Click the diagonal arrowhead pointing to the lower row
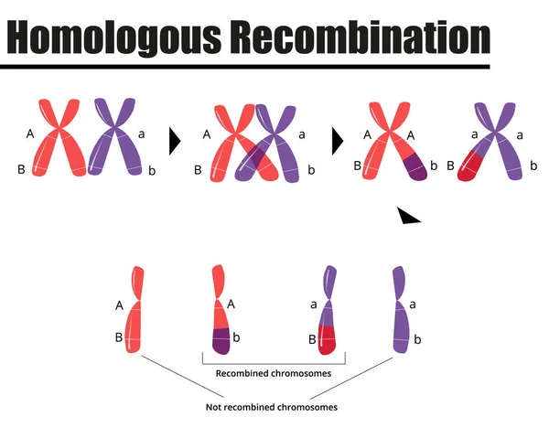408,215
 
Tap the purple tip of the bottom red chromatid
221,341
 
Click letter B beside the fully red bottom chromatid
119,337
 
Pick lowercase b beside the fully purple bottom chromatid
418,340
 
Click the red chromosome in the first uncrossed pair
60,137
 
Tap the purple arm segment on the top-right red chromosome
414,168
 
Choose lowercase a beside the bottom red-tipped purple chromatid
314,304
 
